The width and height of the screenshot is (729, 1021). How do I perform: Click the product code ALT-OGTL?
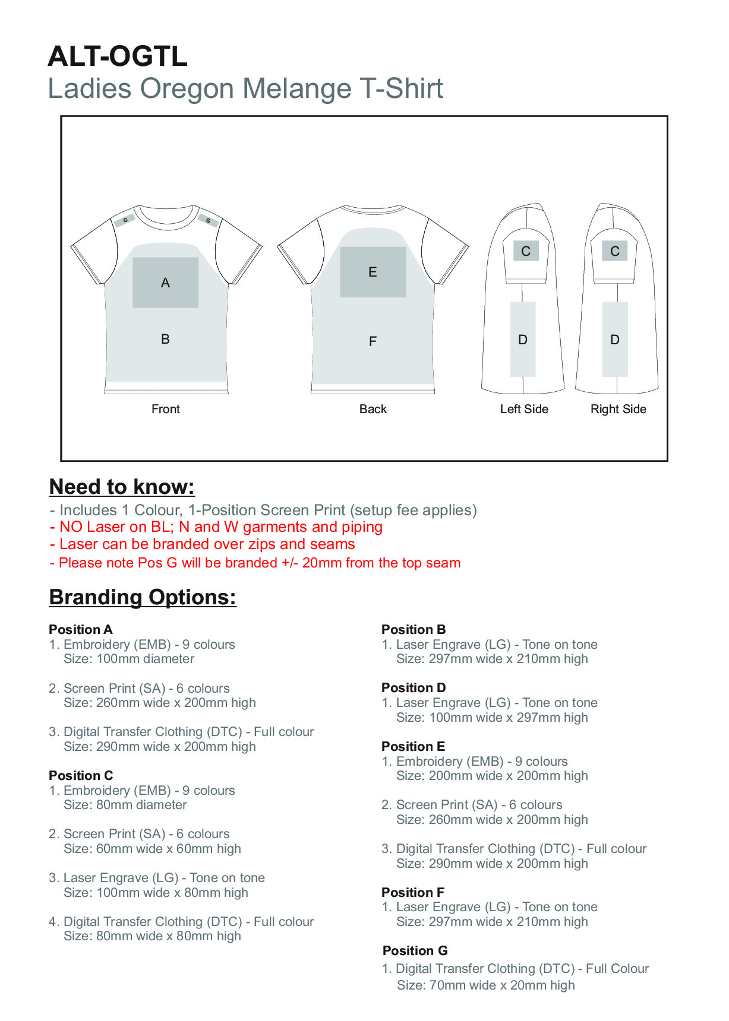coord(118,57)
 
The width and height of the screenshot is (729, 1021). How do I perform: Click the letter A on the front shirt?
coord(165,283)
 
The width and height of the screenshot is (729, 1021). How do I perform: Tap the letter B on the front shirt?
coord(165,340)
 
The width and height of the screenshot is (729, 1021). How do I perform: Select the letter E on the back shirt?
coord(373,272)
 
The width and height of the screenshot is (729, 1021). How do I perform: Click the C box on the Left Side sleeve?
coord(526,251)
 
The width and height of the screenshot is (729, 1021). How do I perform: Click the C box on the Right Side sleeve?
coord(615,251)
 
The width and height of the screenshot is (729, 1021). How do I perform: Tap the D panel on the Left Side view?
coord(523,340)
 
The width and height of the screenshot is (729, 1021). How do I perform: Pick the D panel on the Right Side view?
coord(615,340)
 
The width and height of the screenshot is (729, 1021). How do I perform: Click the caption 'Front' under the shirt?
coord(165,409)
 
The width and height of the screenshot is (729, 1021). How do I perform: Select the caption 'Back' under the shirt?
coord(373,409)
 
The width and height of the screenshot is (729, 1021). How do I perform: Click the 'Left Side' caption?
coord(524,409)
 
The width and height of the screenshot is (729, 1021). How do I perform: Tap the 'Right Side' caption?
coord(618,409)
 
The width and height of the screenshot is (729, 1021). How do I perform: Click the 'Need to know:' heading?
coord(122,487)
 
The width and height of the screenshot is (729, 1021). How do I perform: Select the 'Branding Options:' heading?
coord(143,597)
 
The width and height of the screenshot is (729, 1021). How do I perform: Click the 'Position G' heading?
coord(415,950)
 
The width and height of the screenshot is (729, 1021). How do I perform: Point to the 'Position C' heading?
coord(81,775)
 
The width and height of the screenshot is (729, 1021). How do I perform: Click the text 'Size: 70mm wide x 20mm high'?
coord(485,985)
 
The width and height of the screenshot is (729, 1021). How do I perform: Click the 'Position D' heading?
coord(414,687)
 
